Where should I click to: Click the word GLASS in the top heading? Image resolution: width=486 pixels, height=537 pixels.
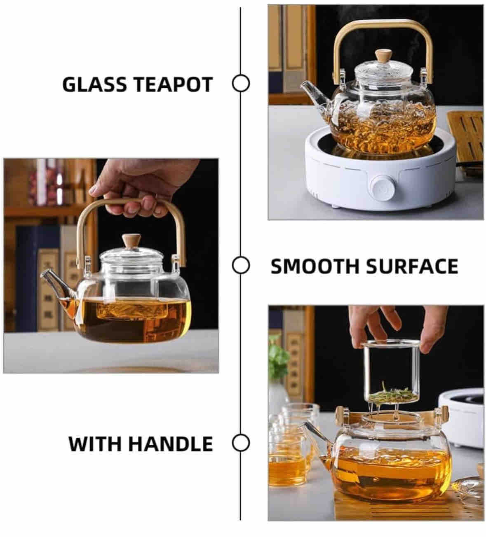[x=95, y=84]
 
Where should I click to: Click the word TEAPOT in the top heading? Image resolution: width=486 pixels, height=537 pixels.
[x=173, y=84]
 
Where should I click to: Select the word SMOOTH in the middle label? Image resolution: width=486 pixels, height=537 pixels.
[x=315, y=266]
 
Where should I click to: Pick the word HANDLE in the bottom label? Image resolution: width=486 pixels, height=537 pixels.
[x=171, y=444]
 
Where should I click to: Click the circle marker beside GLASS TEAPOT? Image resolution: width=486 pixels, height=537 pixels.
[x=241, y=84]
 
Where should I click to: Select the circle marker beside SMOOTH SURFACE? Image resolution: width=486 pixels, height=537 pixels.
[x=241, y=265]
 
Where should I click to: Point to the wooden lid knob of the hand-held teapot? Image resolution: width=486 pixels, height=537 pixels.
[x=131, y=241]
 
